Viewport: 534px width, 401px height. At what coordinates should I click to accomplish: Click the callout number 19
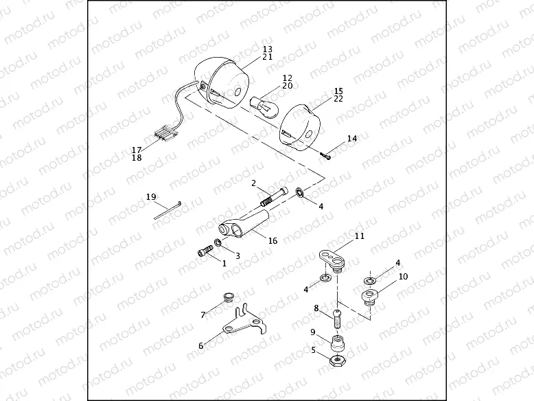click(x=151, y=197)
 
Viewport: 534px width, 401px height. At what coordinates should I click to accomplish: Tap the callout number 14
click(x=352, y=139)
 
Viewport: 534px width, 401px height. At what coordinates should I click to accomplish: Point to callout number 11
click(x=360, y=236)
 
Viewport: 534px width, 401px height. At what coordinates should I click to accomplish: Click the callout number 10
click(x=403, y=276)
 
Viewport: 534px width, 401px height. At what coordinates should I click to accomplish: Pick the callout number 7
click(x=202, y=314)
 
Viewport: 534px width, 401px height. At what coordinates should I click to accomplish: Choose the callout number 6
click(x=201, y=346)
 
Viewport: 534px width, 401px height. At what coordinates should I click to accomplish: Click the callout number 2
click(x=253, y=183)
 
